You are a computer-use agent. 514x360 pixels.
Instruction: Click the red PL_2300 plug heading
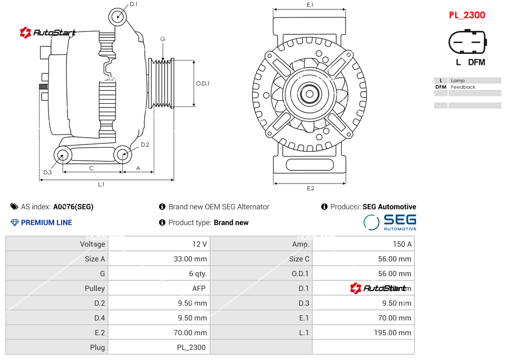coord(467,15)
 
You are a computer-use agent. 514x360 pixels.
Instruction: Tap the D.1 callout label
coord(133,4)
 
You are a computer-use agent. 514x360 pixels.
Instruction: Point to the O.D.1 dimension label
coord(202,83)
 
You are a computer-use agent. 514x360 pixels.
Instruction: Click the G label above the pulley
coord(163,40)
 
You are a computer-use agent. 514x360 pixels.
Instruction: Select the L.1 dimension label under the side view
coord(101,184)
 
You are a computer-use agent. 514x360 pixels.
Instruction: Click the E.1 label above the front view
coord(310,5)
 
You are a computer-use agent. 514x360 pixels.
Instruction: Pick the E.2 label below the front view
coord(310,188)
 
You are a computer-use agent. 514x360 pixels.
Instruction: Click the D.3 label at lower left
coord(47,172)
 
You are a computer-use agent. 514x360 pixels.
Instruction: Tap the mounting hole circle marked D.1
coord(118,16)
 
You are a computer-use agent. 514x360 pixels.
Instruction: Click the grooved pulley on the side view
coord(162,83)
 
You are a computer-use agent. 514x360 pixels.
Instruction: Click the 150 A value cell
coord(402,244)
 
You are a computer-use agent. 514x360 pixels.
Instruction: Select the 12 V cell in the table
coord(200,244)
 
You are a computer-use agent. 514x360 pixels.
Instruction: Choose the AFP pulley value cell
coord(199,288)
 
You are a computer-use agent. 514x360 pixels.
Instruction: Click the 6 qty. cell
coord(197,274)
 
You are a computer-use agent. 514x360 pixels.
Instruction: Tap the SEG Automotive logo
coord(390,222)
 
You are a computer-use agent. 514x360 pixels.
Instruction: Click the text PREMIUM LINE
coord(46,222)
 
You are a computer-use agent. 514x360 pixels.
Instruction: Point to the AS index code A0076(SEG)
coord(73,207)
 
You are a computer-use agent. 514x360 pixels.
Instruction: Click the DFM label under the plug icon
coord(477,62)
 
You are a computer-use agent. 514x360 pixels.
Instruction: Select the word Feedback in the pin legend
coord(463,87)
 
